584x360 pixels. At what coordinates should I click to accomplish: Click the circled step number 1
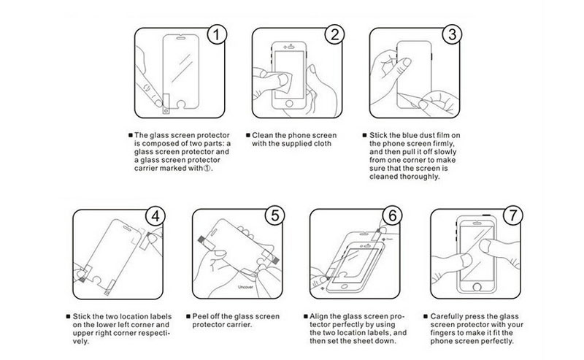(216, 34)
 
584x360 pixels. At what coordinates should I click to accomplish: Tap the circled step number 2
(334, 34)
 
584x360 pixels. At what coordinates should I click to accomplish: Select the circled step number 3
(452, 34)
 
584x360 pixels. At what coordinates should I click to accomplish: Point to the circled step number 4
(155, 216)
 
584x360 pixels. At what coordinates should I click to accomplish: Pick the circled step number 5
(275, 216)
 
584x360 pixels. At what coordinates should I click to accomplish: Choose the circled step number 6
(393, 216)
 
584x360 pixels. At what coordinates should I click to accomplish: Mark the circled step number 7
(513, 215)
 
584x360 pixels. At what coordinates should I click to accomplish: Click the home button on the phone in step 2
(289, 103)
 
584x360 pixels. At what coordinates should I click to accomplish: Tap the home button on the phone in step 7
(477, 286)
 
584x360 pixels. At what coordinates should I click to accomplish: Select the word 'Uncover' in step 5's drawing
(245, 287)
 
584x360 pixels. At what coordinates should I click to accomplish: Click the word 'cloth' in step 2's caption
(322, 144)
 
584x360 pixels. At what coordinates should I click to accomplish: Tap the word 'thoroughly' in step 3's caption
(419, 177)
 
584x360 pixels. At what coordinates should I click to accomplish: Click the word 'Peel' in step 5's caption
(199, 316)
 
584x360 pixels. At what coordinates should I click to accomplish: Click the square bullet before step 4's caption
(68, 316)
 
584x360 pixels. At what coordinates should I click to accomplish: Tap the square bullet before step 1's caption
(131, 135)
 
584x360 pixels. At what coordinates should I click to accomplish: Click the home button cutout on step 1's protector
(181, 105)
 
